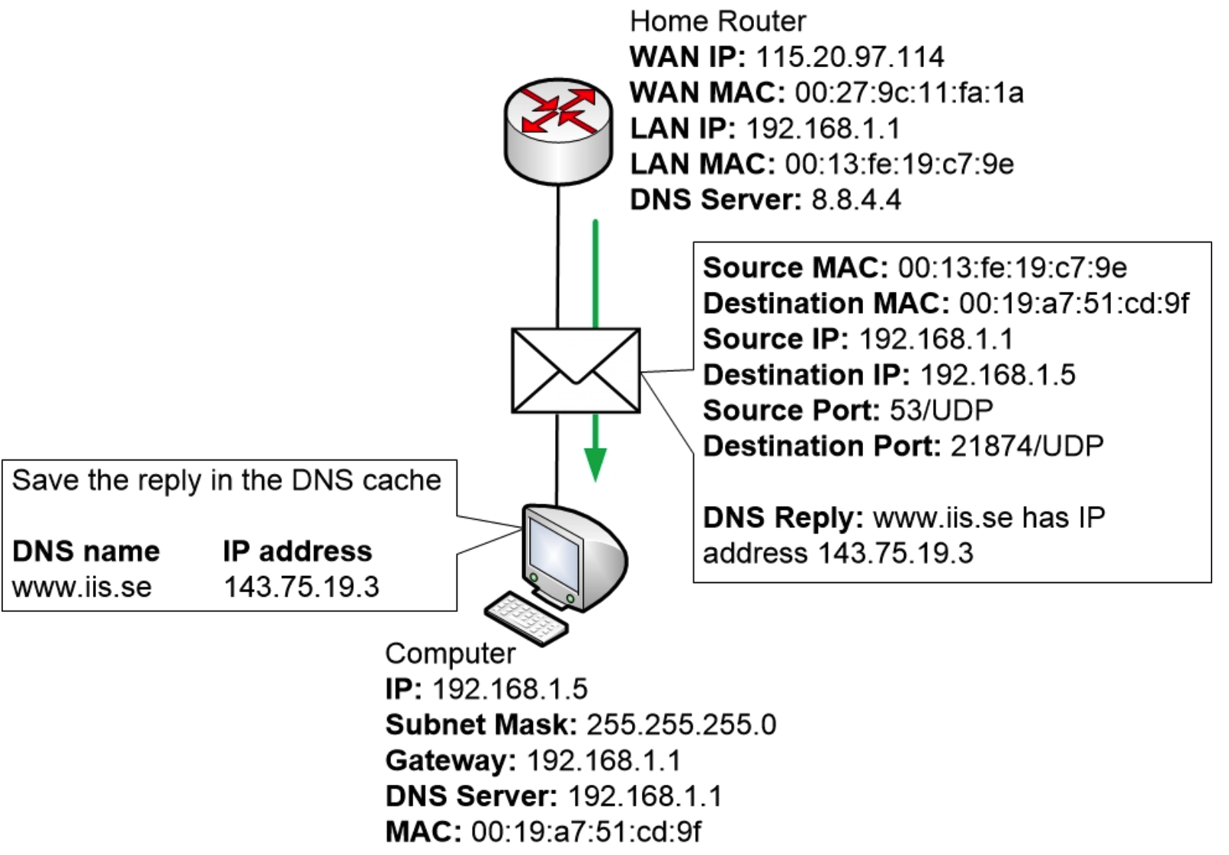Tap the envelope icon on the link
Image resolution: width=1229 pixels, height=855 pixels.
[x=576, y=371]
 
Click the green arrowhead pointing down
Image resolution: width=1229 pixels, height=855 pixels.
[x=595, y=464]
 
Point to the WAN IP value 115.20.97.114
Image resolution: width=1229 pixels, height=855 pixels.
[x=849, y=57]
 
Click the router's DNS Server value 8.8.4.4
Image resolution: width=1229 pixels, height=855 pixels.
[x=855, y=200]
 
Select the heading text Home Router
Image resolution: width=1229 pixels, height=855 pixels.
[x=717, y=21]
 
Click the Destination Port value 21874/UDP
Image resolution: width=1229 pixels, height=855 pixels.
[x=1026, y=446]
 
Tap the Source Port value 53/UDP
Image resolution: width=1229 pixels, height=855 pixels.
[x=941, y=410]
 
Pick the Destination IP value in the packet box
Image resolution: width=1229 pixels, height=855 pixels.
[x=997, y=375]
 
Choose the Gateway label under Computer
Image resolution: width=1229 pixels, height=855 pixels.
[x=451, y=761]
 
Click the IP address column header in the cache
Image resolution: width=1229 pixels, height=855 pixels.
[x=297, y=551]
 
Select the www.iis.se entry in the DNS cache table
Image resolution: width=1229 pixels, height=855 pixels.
[x=82, y=587]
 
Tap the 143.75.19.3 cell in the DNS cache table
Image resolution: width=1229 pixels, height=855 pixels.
[x=301, y=587]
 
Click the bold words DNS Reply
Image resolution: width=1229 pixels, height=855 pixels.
[x=782, y=517]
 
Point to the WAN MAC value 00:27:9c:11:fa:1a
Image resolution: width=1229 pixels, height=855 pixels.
[x=909, y=93]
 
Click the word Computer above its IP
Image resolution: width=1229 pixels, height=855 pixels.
[x=450, y=653]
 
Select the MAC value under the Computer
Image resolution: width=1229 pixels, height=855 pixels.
[x=586, y=831]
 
